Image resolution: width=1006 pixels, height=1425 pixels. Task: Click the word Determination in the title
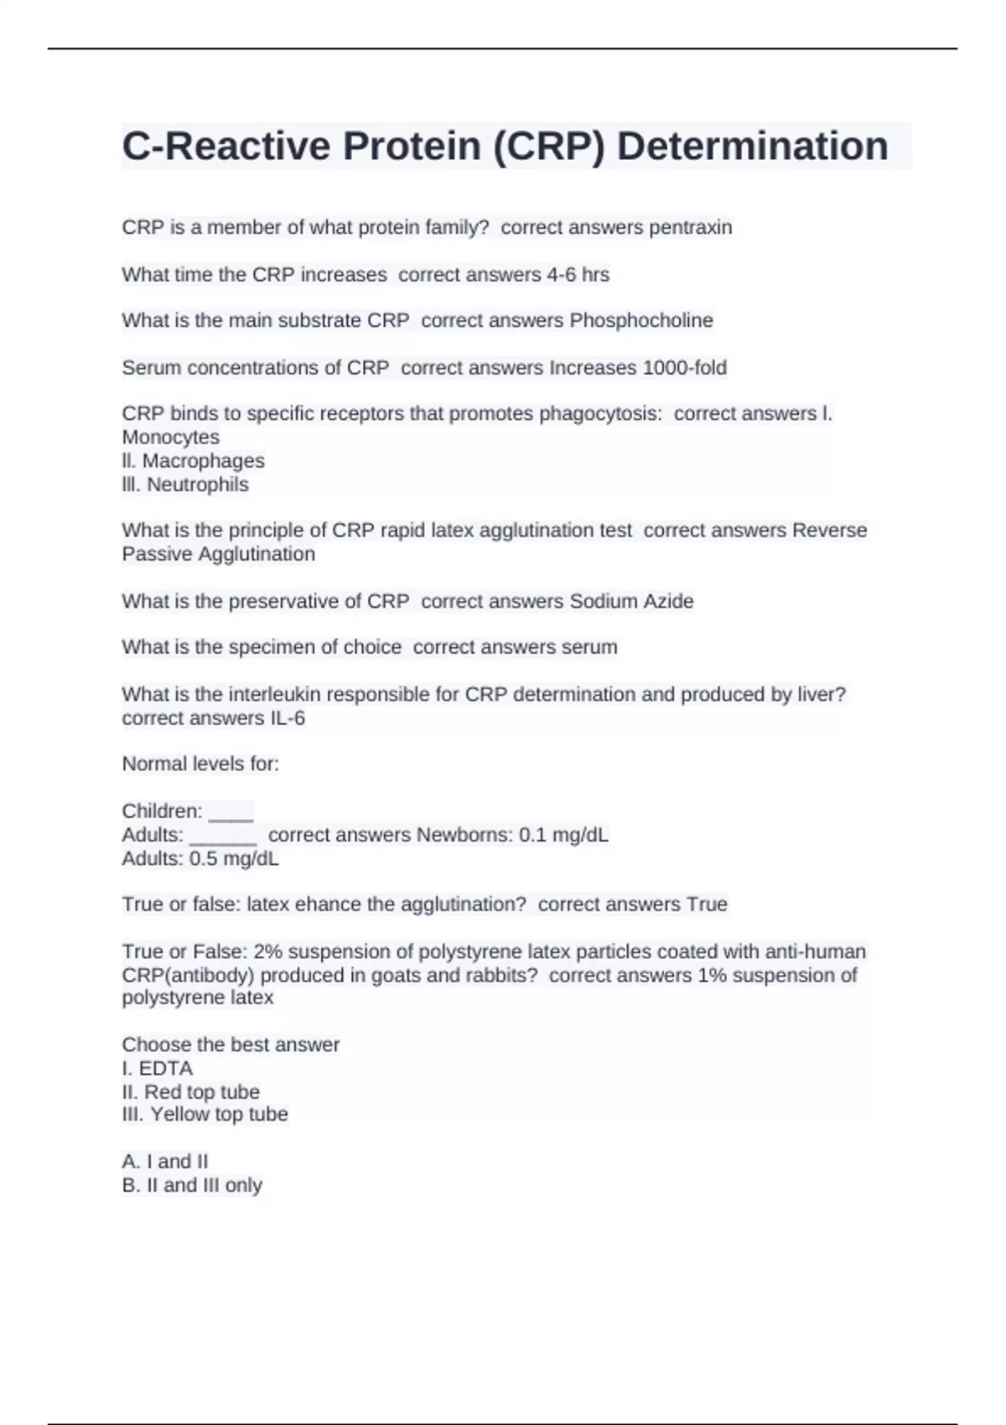(752, 146)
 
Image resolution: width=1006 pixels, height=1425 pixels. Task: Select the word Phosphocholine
(641, 320)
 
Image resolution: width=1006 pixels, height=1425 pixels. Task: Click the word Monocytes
(170, 437)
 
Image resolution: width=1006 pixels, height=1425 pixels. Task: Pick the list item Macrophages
(203, 460)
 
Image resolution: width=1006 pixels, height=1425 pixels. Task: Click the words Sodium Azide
(631, 601)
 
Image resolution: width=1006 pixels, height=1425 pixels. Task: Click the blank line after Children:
(231, 811)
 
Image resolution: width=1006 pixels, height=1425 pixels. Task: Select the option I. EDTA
(158, 1068)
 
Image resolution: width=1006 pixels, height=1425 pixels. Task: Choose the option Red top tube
(201, 1091)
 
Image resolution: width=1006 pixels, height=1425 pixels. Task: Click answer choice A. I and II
(165, 1161)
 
